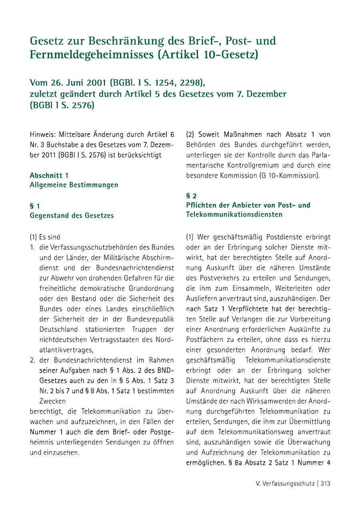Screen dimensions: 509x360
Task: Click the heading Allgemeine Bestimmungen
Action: tap(74, 185)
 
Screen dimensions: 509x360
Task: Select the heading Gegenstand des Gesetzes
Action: tap(72, 216)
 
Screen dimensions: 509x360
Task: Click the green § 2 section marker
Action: tap(191, 196)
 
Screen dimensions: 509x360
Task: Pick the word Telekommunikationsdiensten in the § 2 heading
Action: tap(234, 214)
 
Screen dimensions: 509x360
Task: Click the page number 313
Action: tap(325, 483)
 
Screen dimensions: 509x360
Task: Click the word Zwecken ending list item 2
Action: tap(52, 401)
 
